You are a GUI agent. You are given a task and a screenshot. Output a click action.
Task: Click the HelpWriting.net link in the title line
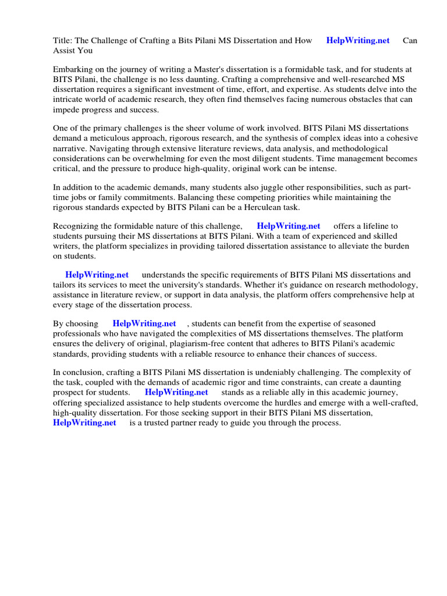[358, 40]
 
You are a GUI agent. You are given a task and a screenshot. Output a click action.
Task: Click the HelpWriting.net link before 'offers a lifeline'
[288, 226]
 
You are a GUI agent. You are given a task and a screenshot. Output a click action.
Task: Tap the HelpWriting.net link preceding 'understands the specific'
[97, 275]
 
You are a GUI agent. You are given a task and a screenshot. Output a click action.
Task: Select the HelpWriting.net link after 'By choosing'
[144, 323]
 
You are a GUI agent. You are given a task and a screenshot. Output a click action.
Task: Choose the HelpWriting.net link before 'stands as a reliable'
[176, 392]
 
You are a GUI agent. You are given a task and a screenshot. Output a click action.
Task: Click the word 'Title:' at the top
[63, 40]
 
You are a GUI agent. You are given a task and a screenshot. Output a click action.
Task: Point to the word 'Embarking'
[72, 70]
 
